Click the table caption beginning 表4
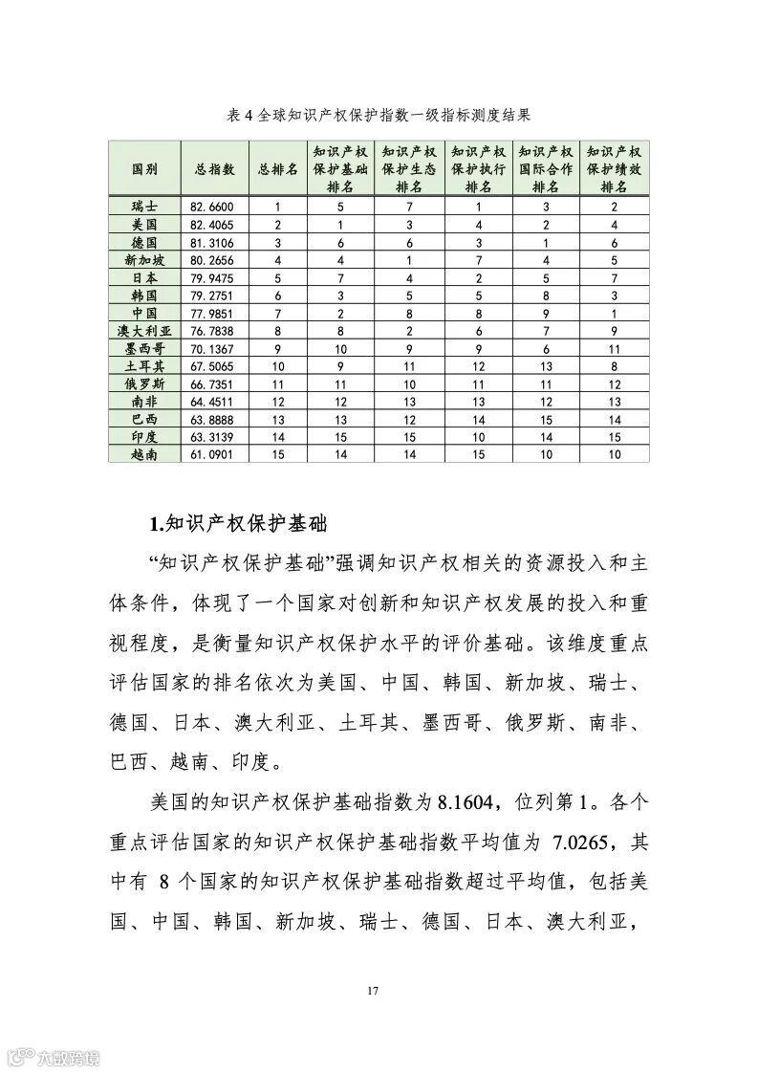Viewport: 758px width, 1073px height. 379,116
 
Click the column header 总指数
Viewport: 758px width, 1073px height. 215,168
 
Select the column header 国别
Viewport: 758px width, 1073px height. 144,168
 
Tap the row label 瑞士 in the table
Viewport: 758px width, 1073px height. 144,207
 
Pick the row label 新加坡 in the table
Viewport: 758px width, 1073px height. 144,260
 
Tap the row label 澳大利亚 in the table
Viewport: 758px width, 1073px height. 144,331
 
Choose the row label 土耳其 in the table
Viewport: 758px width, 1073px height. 144,366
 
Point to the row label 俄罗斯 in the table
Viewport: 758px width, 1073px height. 144,384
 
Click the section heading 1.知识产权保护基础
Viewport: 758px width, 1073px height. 239,524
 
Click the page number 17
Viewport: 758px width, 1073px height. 374,990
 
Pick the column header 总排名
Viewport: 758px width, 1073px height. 278,168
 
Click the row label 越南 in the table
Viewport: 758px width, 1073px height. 144,455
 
